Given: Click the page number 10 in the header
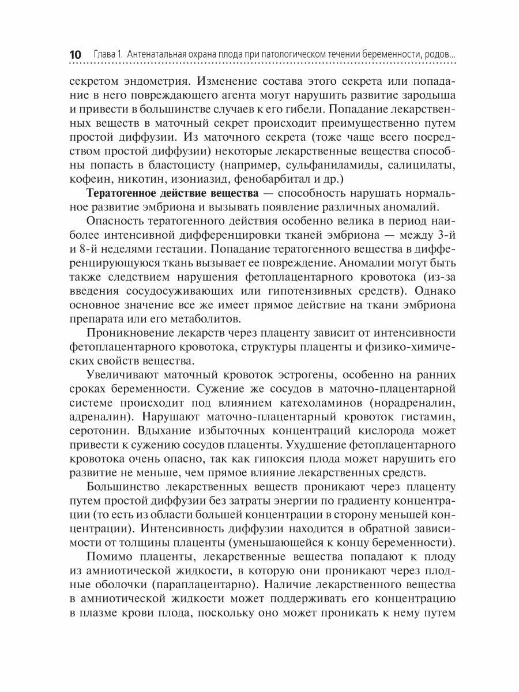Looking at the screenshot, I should click(x=75, y=54).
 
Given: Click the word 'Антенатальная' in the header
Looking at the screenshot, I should click(x=157, y=54).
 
